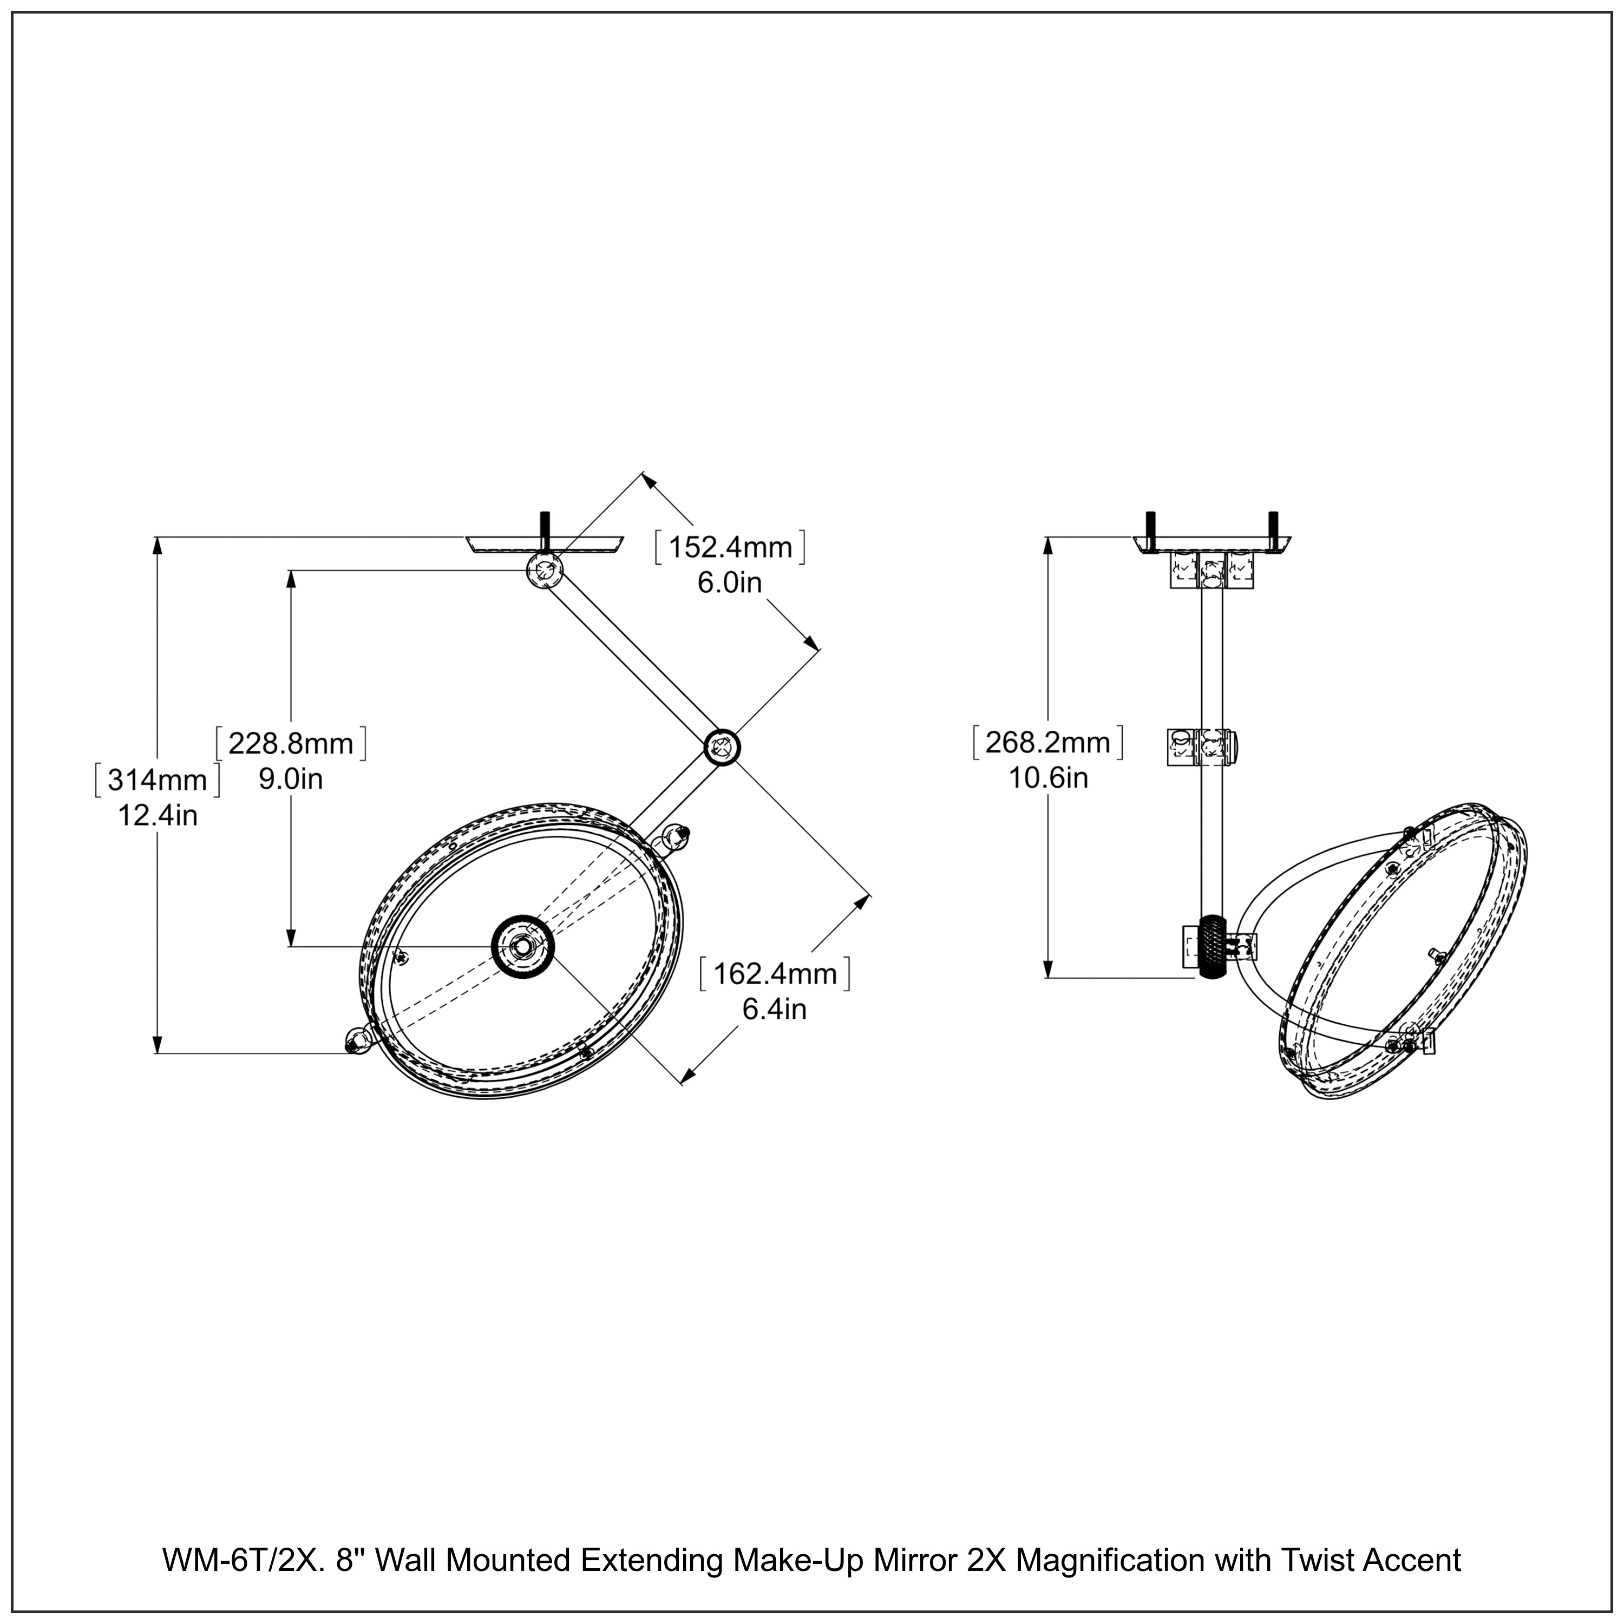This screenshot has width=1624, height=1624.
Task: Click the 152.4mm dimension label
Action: coord(730,547)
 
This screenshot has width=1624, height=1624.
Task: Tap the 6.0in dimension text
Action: coord(730,582)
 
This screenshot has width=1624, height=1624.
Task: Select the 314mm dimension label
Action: coord(157,780)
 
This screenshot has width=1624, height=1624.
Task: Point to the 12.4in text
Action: coord(157,815)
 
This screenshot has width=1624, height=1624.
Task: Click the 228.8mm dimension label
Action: coord(291,743)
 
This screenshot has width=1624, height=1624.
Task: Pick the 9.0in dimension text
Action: coord(291,779)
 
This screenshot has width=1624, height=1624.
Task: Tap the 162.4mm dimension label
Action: coord(775,973)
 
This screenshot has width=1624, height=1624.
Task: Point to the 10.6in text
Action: coord(1048,778)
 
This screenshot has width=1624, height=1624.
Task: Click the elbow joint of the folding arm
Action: coord(721,745)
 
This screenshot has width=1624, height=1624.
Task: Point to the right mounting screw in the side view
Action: coord(1273,527)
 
